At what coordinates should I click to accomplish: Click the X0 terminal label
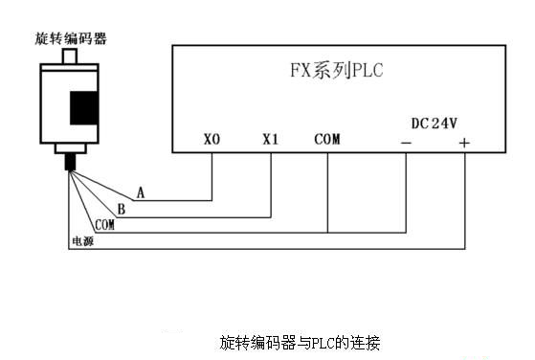212,140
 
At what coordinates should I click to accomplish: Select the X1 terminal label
270,140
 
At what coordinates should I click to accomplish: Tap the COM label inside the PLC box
327,140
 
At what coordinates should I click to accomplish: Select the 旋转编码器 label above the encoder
70,38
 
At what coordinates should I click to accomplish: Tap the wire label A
141,192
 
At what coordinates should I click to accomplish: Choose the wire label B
121,209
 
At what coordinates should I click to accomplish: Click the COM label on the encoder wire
104,224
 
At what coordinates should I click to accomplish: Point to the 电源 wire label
82,240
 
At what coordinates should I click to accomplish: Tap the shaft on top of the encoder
69,57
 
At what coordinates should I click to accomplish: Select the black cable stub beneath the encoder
70,160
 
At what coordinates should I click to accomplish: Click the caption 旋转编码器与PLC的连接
301,341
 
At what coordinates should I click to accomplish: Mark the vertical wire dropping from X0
212,177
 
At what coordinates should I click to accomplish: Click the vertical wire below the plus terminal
464,201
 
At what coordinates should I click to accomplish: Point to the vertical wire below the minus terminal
407,191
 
